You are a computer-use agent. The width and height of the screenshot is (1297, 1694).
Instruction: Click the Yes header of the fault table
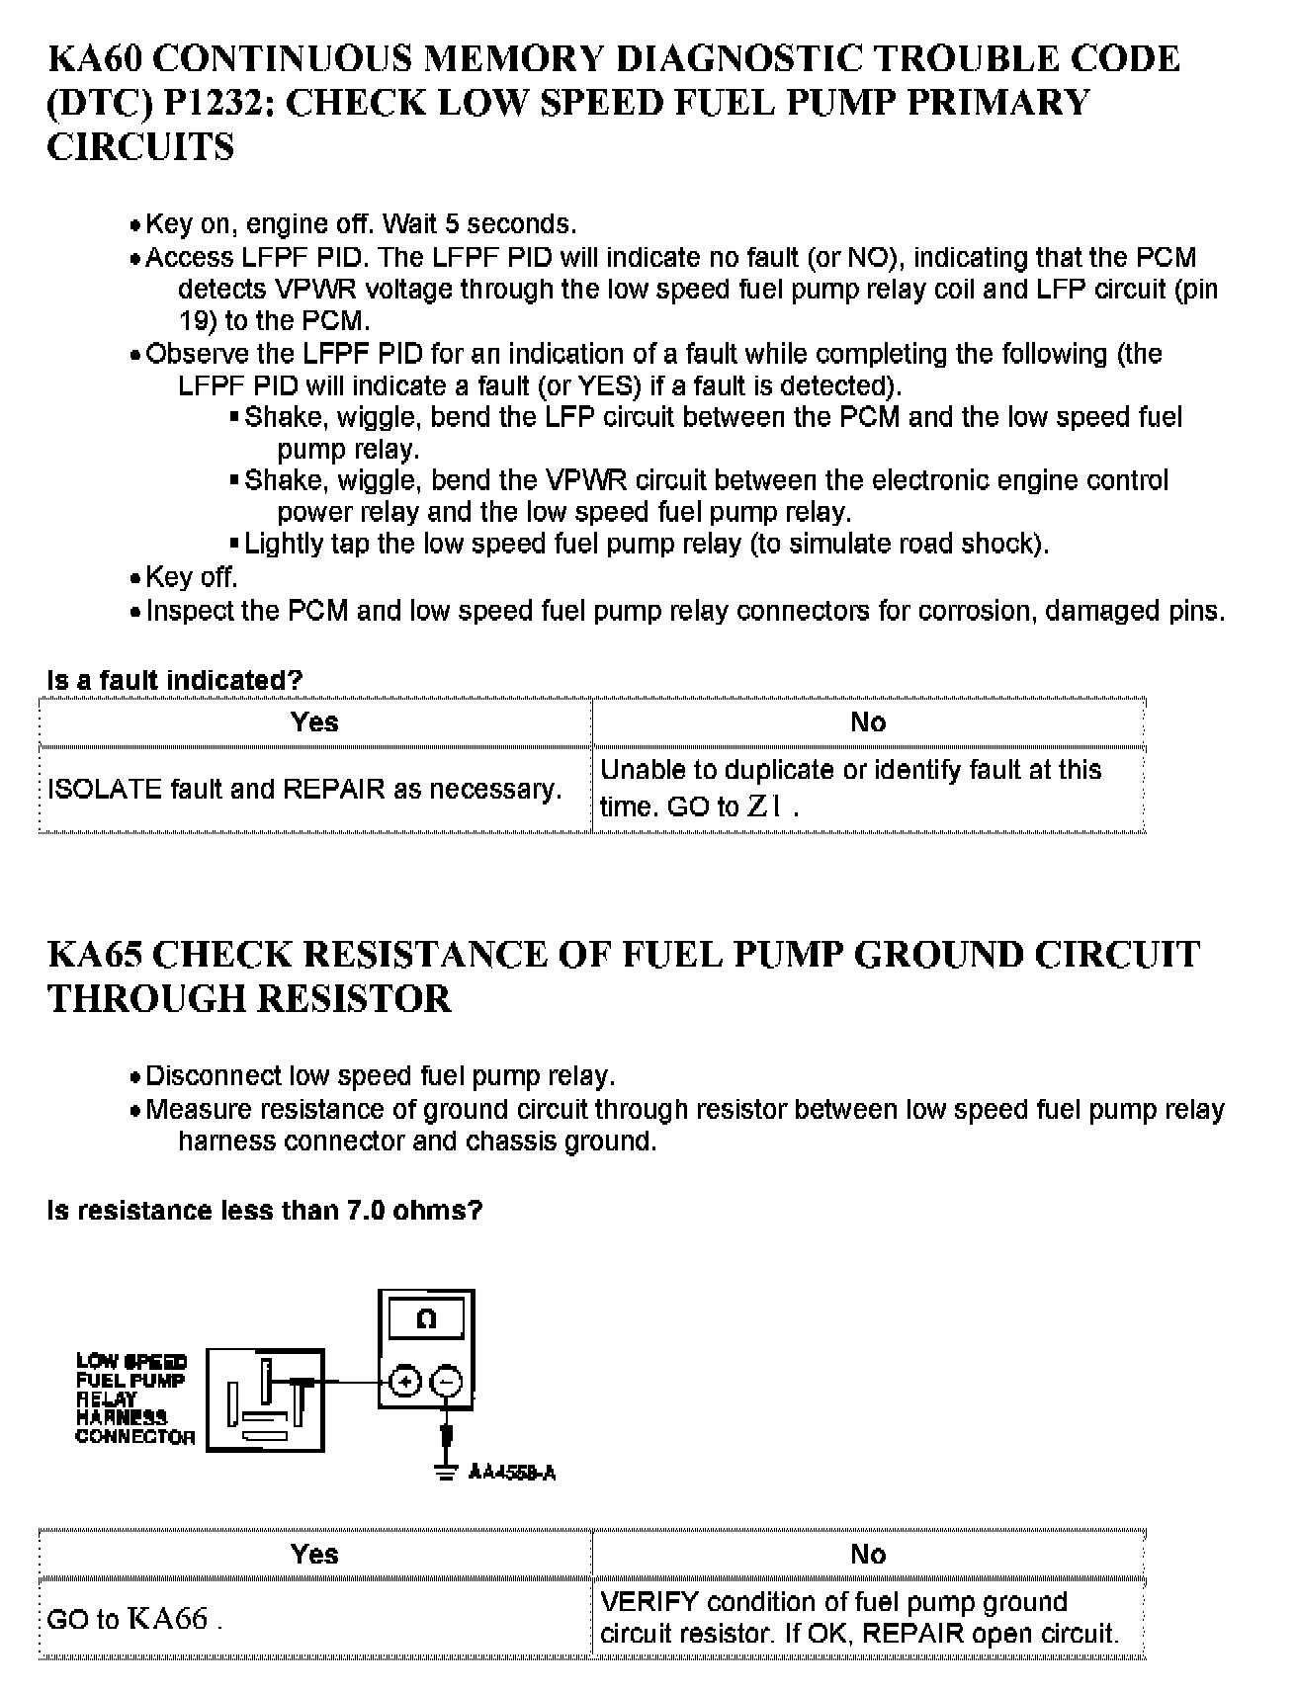pyautogui.click(x=314, y=722)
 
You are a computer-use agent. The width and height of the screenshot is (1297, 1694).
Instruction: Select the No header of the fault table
pyautogui.click(x=868, y=722)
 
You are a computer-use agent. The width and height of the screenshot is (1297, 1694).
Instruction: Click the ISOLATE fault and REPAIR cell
pyautogui.click(x=304, y=790)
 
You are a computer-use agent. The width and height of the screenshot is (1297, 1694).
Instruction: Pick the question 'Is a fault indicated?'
pyautogui.click(x=174, y=681)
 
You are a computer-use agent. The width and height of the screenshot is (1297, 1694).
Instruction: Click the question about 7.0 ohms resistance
pyautogui.click(x=264, y=1211)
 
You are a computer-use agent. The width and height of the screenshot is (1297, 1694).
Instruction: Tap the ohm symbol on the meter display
pyautogui.click(x=426, y=1319)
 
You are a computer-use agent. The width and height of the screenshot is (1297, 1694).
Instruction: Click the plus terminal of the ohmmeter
pyautogui.click(x=405, y=1382)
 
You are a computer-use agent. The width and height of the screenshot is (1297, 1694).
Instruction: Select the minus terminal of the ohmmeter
pyautogui.click(x=447, y=1382)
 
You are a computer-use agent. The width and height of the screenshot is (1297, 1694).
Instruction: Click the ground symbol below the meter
pyautogui.click(x=447, y=1471)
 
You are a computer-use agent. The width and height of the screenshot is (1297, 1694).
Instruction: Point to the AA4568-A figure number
pyautogui.click(x=512, y=1474)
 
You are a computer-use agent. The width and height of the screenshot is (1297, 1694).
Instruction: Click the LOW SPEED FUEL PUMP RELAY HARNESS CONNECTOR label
pyautogui.click(x=133, y=1399)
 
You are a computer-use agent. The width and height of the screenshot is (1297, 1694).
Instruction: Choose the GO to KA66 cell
pyautogui.click(x=133, y=1620)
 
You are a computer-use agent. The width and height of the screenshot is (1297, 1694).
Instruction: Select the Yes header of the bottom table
pyautogui.click(x=314, y=1555)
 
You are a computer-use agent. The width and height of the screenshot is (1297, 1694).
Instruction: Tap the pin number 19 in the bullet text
pyautogui.click(x=194, y=321)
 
